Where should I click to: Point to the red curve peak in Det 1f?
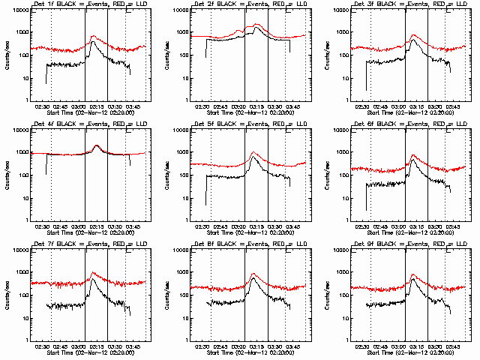click(x=92, y=36)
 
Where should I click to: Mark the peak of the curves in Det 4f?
click(x=97, y=145)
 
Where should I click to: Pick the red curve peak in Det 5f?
click(x=253, y=153)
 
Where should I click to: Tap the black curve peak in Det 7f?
click(x=92, y=280)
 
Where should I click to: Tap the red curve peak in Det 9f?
click(x=414, y=274)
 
